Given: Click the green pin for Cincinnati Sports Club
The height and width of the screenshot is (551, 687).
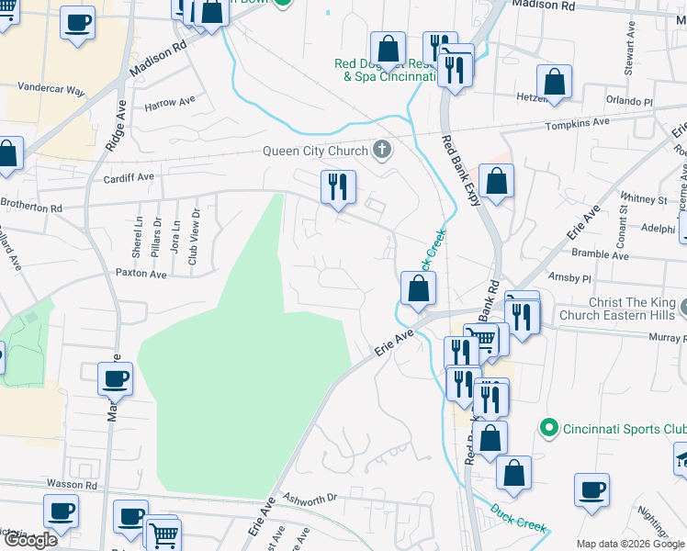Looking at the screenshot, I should coord(549,428).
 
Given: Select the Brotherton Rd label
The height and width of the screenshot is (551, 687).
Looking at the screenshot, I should coord(31,208).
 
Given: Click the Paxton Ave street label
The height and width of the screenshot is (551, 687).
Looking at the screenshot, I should coord(141,274).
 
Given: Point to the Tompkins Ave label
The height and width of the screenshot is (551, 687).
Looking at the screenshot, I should coord(577,122).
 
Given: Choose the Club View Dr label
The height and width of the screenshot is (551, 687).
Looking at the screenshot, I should coord(194,236).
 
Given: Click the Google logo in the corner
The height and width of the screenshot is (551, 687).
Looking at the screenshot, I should coord(31,540).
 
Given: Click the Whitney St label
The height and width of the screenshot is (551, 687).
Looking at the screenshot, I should coord(643,199).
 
